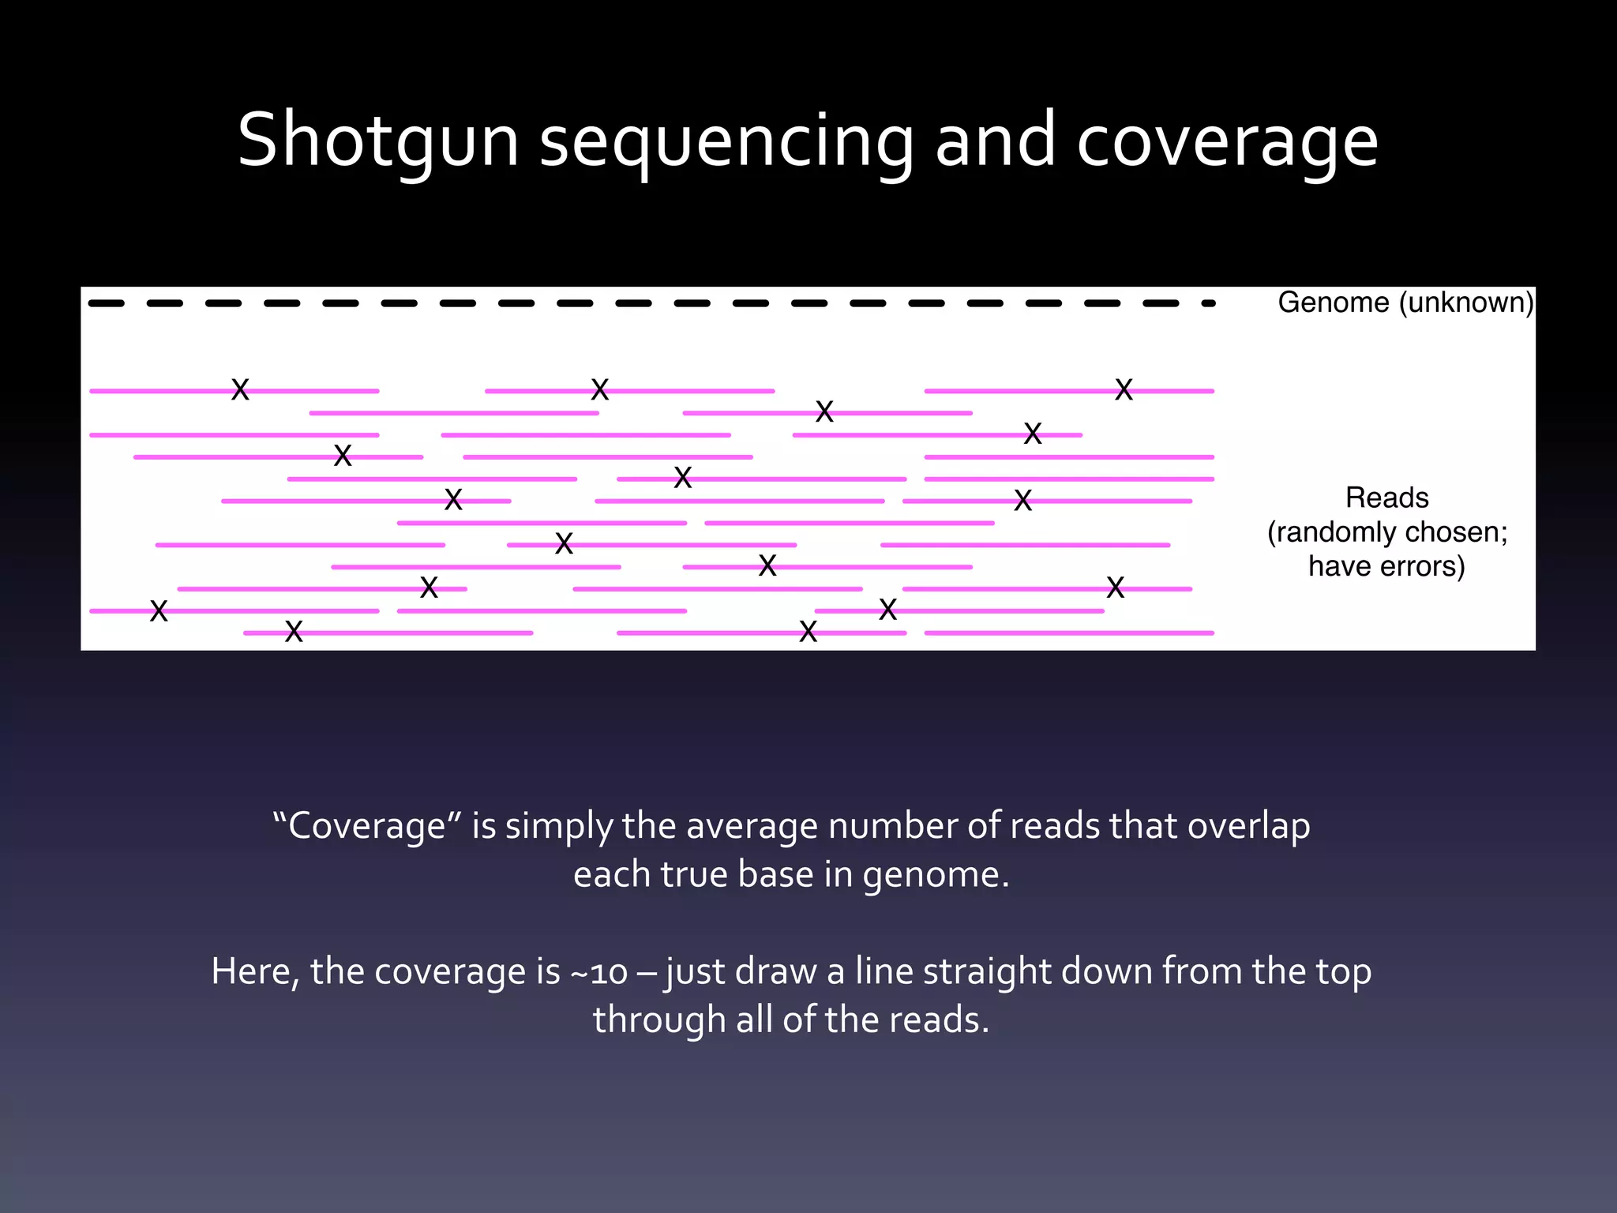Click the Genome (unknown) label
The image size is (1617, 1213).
pyautogui.click(x=1405, y=302)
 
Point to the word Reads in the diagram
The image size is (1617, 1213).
pyautogui.click(x=1386, y=498)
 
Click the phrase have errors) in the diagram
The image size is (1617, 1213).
pyautogui.click(x=1386, y=566)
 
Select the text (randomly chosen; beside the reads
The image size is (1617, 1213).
pyautogui.click(x=1386, y=532)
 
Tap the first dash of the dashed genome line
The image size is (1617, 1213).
pyautogui.click(x=106, y=303)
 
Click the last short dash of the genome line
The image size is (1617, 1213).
pyautogui.click(x=1208, y=303)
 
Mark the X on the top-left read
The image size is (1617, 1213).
pyautogui.click(x=240, y=389)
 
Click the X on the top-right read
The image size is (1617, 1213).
pyautogui.click(x=1124, y=389)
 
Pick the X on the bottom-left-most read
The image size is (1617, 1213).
pyautogui.click(x=159, y=611)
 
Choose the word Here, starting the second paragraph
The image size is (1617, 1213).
pyautogui.click(x=255, y=971)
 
